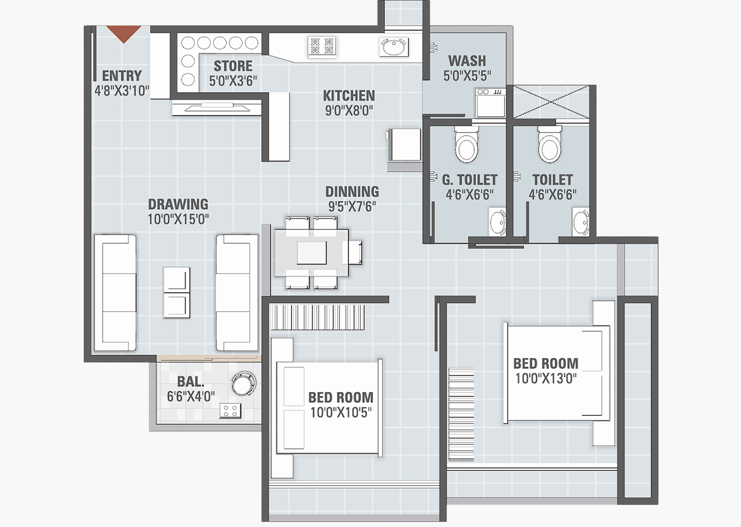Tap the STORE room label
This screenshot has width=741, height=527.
233,66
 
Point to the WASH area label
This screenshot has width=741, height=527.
467,61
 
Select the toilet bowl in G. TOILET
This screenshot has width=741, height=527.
466,146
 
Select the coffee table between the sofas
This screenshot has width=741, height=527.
177,293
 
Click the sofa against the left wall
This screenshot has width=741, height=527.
115,293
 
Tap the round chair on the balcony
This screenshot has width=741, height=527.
243,383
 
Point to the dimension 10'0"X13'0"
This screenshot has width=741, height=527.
546,379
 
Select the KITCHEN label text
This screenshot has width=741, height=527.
349,96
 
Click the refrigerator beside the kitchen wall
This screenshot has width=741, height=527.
405,145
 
